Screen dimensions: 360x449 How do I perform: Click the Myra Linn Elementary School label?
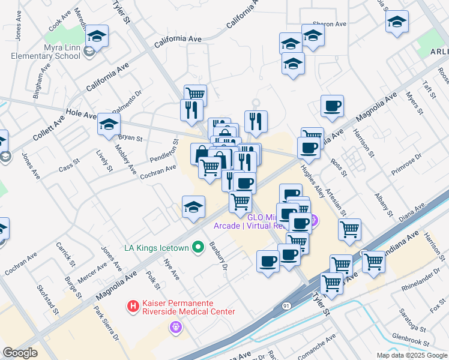[46, 52]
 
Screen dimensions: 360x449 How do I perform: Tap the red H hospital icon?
[133, 306]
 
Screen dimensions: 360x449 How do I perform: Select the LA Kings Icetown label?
[156, 248]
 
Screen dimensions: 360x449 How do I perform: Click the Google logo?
[20, 353]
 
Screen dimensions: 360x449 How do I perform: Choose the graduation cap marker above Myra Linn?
[97, 37]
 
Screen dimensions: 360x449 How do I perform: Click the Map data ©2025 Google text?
[411, 355]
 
